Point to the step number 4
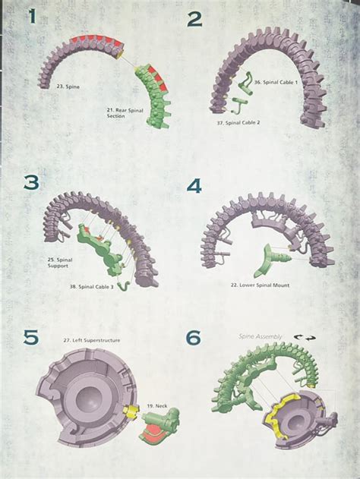point(194,185)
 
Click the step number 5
point(30,337)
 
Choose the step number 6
point(194,337)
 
